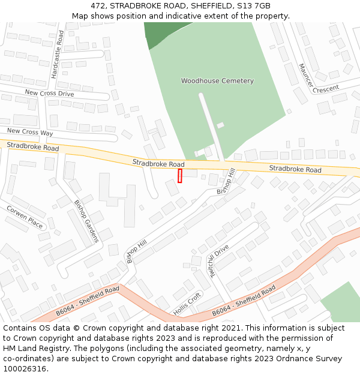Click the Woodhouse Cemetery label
pos(217,81)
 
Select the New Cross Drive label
pos(49,94)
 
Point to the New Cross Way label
pos(30,132)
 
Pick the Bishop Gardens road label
pos(86,221)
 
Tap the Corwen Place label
pos(25,217)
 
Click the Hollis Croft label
pos(187,304)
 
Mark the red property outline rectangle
pos(180,176)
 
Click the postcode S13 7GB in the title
pos(254,6)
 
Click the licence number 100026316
pos(24,369)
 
